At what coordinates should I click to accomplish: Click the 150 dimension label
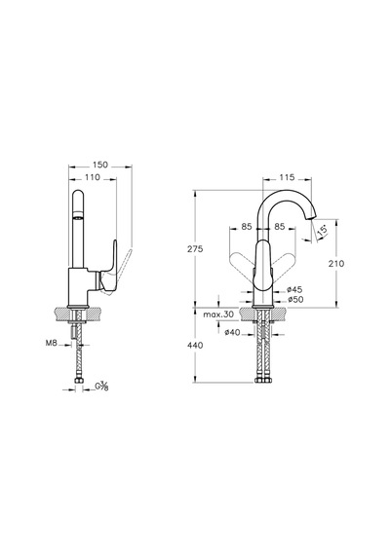point(100,165)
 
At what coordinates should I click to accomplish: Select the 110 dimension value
point(93,177)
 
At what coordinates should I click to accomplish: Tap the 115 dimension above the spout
point(287,177)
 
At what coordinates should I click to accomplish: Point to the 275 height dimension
point(195,249)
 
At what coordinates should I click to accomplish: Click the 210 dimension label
point(336,264)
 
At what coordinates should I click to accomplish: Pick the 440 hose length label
point(195,345)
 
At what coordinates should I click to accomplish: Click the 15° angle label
point(323,231)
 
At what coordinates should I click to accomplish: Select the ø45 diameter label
point(294,290)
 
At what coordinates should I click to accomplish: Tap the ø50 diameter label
point(295,300)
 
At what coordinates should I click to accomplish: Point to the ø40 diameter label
point(233,332)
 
